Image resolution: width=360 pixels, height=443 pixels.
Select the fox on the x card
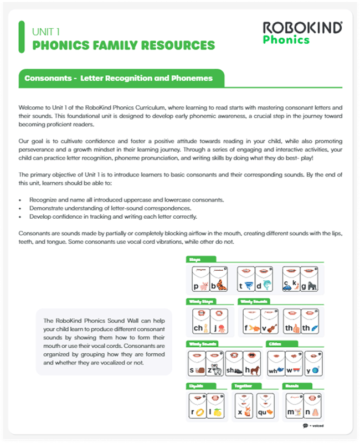coord(249,412)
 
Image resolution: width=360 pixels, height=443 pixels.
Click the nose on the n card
coord(312,412)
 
